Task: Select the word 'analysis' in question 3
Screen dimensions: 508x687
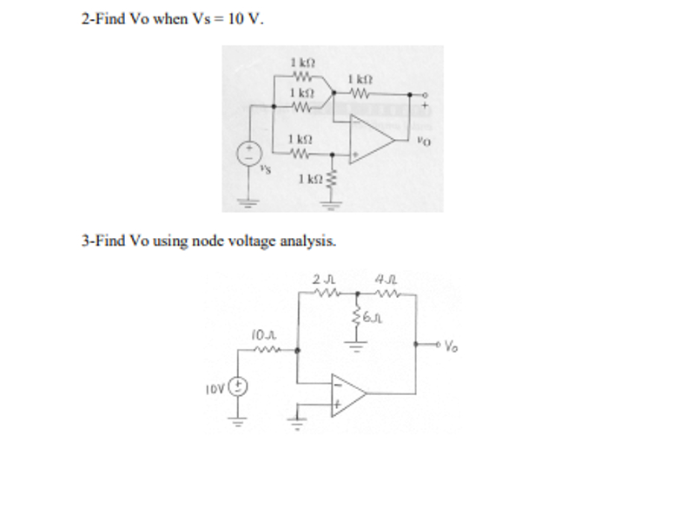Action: click(x=307, y=241)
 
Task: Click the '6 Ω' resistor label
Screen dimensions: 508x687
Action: click(x=373, y=320)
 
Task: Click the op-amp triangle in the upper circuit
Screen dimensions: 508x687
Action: click(x=371, y=140)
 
